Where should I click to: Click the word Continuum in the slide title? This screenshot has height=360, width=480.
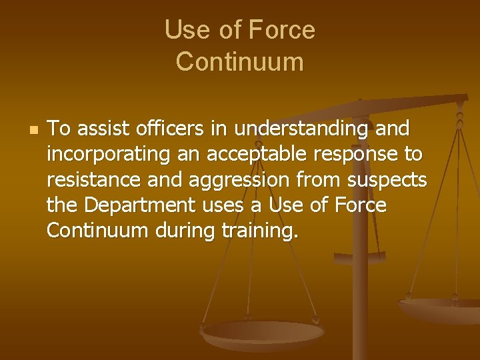tap(239, 61)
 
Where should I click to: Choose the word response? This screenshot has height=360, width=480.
tap(353, 155)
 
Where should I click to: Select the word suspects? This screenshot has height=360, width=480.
tap(391, 180)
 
